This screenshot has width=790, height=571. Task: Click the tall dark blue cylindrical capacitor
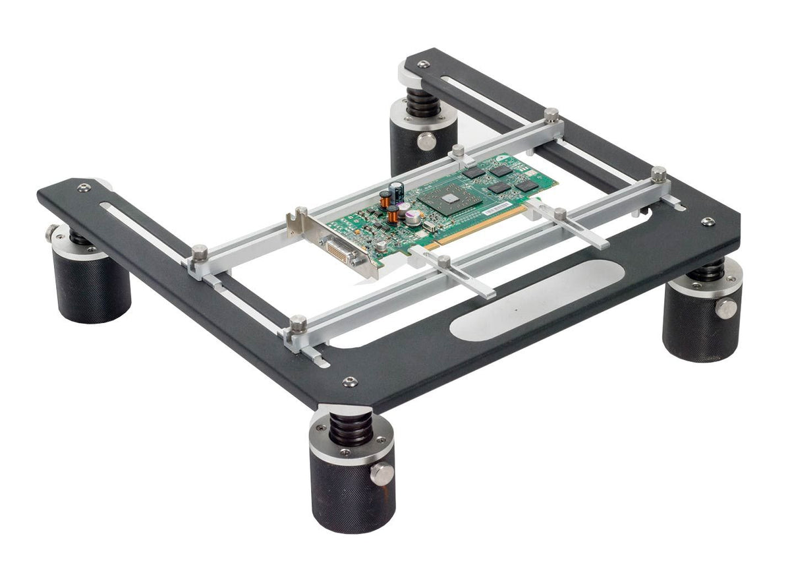click(396, 193)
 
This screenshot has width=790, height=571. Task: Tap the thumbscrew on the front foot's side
click(381, 472)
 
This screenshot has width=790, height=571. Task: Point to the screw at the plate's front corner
click(350, 382)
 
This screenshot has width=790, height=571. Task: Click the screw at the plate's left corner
click(83, 188)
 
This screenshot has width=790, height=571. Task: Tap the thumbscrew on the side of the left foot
click(51, 233)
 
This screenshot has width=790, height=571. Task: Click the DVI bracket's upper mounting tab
click(300, 212)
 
